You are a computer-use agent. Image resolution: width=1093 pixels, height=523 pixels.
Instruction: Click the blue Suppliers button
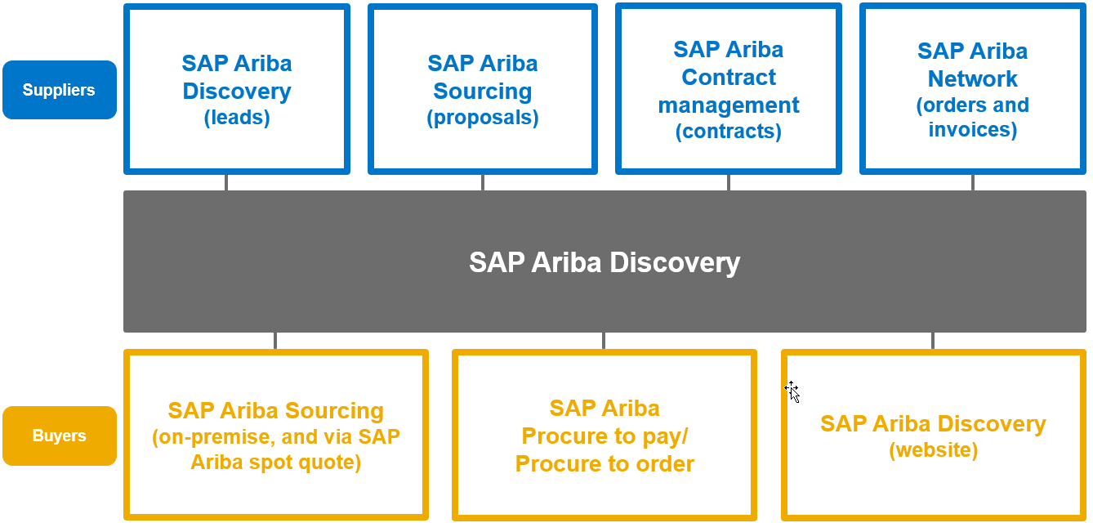[59, 90]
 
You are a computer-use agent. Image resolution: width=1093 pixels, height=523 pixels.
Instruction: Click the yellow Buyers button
[59, 436]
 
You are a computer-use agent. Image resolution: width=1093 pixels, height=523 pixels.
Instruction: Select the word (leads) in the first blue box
[237, 118]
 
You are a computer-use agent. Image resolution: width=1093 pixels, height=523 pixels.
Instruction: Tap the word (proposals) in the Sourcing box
[483, 118]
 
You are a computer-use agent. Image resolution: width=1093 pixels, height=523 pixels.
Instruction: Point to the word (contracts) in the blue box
[728, 132]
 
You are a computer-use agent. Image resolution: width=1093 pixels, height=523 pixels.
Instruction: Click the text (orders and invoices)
[972, 118]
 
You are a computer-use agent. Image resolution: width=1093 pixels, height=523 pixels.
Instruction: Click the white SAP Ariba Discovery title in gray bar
[604, 262]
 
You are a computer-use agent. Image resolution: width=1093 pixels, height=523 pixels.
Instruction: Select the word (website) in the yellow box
[933, 450]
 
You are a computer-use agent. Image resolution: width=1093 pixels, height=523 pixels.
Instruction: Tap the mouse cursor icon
[792, 391]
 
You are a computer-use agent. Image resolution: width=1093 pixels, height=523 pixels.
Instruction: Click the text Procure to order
[604, 464]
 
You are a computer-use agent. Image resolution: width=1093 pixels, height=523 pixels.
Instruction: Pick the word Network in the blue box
[972, 78]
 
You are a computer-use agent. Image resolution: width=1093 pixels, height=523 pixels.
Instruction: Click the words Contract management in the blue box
[728, 92]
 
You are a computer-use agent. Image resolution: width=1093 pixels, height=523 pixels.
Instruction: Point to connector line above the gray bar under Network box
[972, 182]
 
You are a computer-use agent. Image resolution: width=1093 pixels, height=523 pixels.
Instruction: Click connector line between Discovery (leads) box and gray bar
[226, 182]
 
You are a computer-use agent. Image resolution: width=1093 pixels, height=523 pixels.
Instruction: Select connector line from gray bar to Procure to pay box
[604, 341]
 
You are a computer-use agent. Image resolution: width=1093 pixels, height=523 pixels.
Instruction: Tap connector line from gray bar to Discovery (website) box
[933, 341]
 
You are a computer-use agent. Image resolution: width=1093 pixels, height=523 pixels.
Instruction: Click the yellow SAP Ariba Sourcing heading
[275, 410]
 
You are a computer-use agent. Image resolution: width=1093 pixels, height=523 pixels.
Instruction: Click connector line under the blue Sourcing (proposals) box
[483, 182]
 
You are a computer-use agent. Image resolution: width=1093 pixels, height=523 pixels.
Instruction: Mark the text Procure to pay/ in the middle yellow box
[604, 436]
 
